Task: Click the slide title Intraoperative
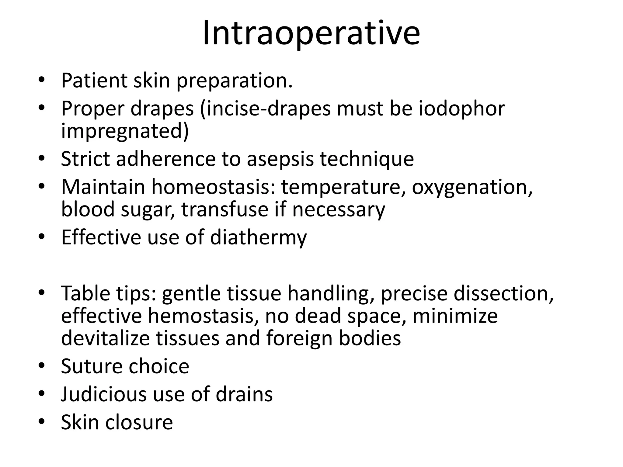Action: pyautogui.click(x=311, y=33)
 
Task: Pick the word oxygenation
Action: pyautogui.click(x=472, y=187)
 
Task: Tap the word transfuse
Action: pyautogui.click(x=225, y=209)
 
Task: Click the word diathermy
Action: pyautogui.click(x=258, y=238)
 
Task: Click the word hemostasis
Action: pyautogui.click(x=201, y=316)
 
